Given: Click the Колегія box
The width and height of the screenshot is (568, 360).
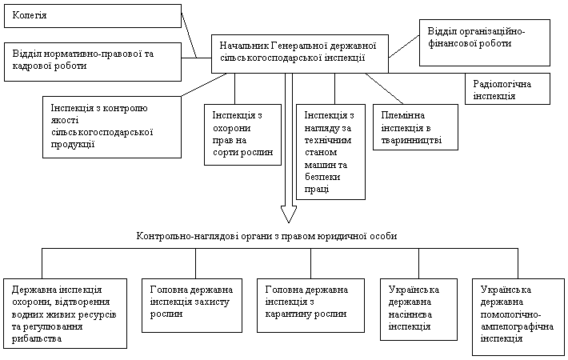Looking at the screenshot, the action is point(93,16).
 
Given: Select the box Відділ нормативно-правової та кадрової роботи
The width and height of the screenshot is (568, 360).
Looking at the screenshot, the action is point(93,62).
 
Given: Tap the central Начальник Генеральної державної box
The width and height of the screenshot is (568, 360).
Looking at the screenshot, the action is point(300,54).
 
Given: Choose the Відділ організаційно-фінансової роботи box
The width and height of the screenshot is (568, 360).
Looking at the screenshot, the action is point(485,42).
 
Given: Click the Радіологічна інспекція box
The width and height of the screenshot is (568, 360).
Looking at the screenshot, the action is point(507,89).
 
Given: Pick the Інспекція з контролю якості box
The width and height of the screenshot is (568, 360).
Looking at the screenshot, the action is point(112,127).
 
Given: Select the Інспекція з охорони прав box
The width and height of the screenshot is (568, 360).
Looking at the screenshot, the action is point(242,134).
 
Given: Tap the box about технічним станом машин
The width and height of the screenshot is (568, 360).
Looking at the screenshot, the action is point(330,152).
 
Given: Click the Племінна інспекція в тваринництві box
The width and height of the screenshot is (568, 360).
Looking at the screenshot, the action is point(415,127).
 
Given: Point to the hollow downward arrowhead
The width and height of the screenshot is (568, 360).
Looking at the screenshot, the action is point(289,214).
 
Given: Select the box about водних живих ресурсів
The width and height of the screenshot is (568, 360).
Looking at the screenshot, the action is point(66,314).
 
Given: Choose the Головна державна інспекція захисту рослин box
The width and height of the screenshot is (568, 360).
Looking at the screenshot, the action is point(192,306).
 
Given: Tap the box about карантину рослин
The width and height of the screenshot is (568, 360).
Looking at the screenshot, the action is point(311,306).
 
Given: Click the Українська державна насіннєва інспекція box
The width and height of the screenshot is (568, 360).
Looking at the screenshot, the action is point(418,310).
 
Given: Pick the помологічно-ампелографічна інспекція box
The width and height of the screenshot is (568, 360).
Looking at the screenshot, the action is point(518,317).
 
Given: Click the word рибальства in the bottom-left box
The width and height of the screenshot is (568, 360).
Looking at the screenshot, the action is point(37,339).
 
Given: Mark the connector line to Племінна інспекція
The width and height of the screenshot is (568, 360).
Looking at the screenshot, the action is point(384,89).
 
